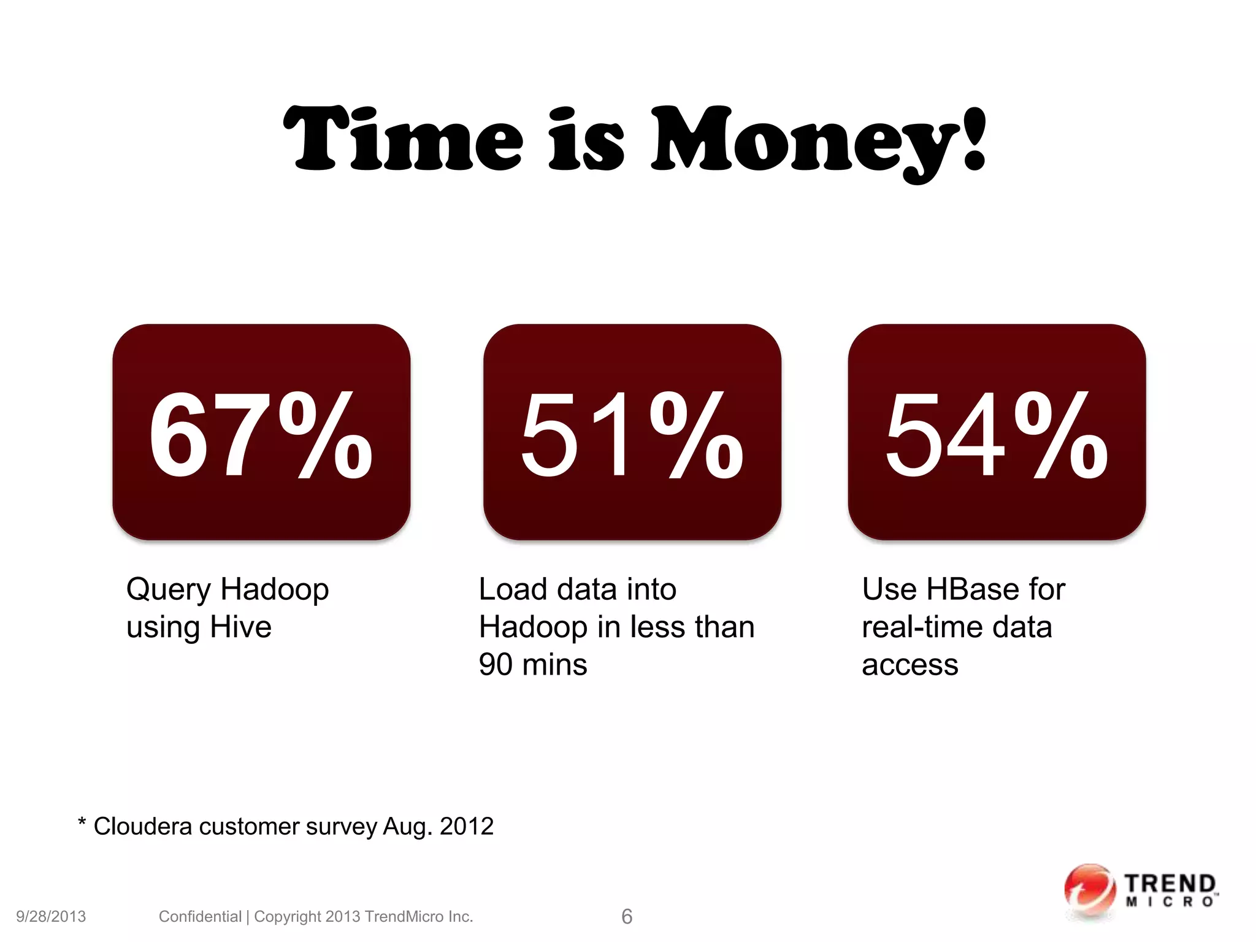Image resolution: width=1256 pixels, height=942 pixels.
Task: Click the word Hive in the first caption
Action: pos(240,627)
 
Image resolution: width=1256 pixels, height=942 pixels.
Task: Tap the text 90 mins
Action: pos(533,665)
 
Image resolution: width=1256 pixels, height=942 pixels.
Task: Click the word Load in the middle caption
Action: pos(513,589)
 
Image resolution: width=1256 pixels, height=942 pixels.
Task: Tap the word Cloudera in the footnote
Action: pos(142,827)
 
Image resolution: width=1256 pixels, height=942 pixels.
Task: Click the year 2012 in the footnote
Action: pos(467,827)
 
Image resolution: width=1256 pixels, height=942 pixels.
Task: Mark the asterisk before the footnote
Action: pos(82,822)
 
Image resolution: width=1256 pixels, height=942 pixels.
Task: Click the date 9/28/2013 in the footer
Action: pos(51,916)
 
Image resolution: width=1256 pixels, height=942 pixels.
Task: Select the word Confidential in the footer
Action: pos(200,916)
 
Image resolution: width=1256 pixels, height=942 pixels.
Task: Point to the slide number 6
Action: pos(627,916)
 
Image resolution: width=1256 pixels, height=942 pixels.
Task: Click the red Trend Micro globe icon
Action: pos(1089,891)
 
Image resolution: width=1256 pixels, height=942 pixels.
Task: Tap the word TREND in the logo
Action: pos(1170,884)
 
